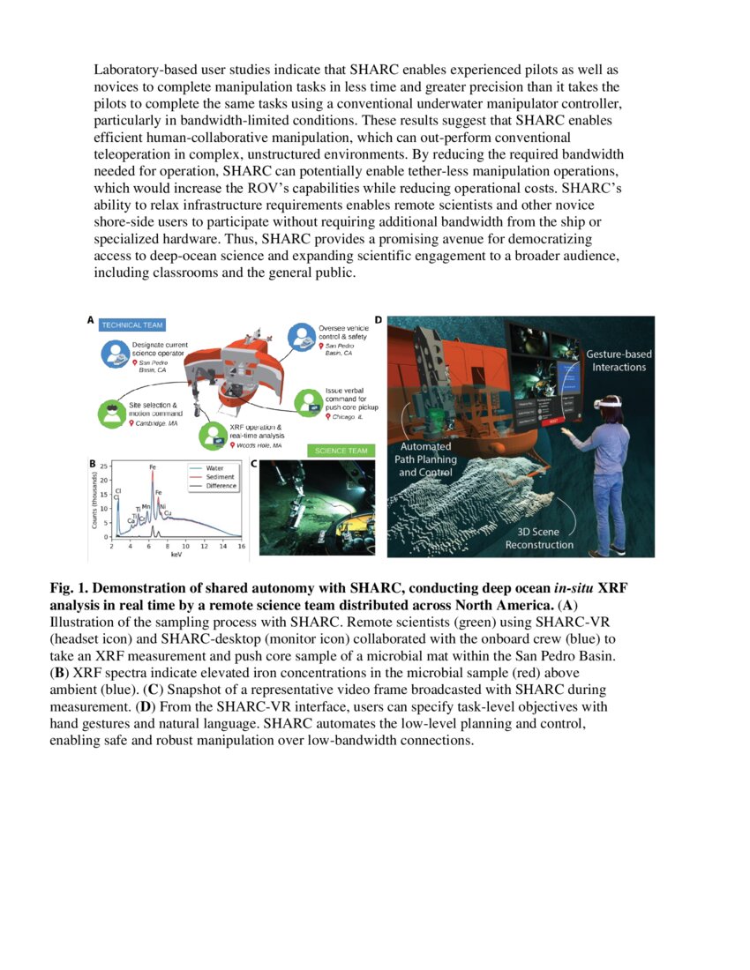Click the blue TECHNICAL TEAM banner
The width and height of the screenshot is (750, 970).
pyautogui.click(x=132, y=325)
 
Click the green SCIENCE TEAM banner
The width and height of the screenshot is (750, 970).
pyautogui.click(x=341, y=451)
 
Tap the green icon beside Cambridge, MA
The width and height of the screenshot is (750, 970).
pyautogui.click(x=111, y=414)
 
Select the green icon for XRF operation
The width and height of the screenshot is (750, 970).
pyautogui.click(x=214, y=433)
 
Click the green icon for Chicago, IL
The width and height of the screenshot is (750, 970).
pyautogui.click(x=308, y=402)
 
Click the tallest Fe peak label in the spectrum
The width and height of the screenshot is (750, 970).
pyautogui.click(x=153, y=466)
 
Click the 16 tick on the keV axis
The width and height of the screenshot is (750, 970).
pyautogui.click(x=242, y=547)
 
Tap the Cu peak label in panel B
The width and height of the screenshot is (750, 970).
pyautogui.click(x=168, y=512)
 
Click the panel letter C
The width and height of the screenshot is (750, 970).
pyautogui.click(x=254, y=462)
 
